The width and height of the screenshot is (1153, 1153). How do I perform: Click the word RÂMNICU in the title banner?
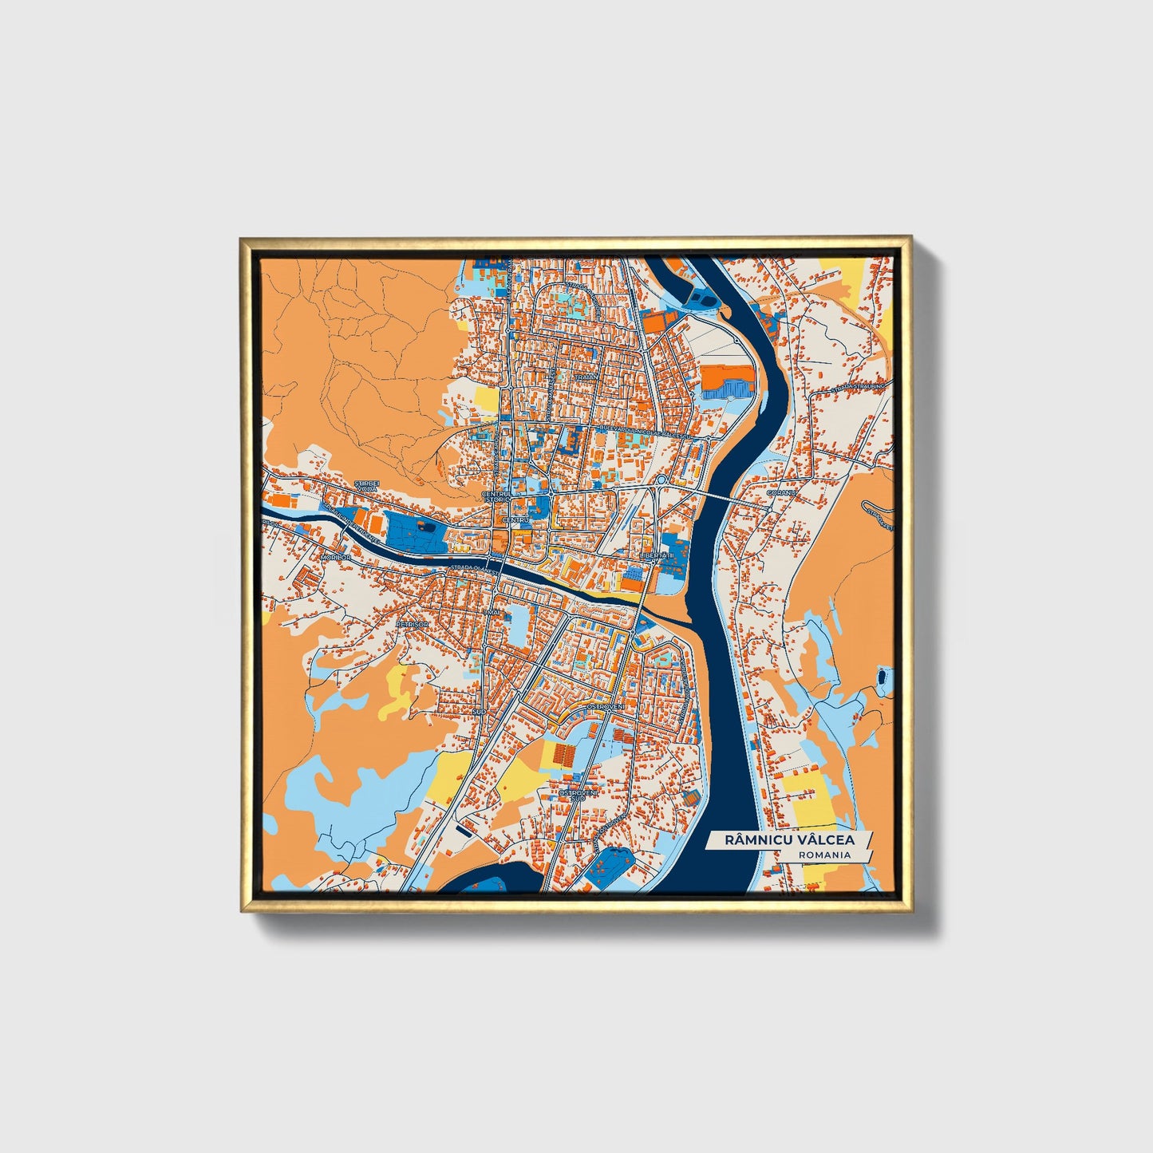756,840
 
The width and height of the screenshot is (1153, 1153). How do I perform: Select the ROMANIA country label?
824,855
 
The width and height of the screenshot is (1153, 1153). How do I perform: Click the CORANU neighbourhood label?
781,493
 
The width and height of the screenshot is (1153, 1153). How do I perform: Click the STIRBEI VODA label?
368,485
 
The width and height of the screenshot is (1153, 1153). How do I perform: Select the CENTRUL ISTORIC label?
496,497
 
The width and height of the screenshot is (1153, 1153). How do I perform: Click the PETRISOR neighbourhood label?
413,624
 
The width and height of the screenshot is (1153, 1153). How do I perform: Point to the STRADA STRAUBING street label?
857,387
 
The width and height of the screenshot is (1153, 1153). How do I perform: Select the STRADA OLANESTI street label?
475,570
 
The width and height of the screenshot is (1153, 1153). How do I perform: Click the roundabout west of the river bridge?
661,480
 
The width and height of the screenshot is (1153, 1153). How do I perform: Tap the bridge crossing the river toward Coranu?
726,496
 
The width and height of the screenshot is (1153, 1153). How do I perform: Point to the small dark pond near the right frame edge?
881,678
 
